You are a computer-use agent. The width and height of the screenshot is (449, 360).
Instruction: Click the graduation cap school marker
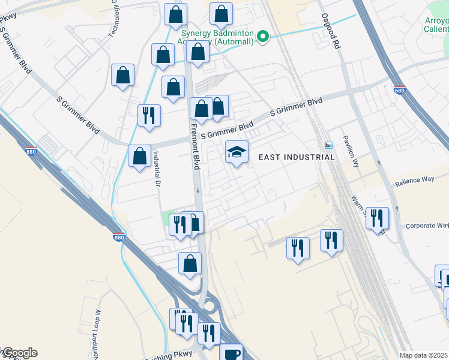tap(237, 152)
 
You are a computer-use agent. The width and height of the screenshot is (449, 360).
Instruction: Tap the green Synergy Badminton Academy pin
tap(262, 37)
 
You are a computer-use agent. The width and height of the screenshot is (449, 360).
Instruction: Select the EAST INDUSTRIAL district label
tap(297, 157)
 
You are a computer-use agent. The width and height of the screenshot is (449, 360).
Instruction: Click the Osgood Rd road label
tap(331, 31)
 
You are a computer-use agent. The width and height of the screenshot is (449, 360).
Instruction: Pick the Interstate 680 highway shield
tap(400, 90)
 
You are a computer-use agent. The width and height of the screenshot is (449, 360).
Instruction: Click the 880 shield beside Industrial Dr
tap(119, 238)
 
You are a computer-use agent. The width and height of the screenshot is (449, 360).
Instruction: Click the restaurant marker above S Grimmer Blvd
tap(149, 115)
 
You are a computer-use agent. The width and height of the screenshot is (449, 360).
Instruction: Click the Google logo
tap(19, 353)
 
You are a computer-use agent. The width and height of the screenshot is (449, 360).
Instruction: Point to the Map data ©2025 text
tap(423, 355)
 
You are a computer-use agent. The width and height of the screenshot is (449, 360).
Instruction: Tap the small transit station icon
tap(328, 146)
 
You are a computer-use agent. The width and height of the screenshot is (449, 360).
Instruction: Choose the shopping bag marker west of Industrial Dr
tap(139, 157)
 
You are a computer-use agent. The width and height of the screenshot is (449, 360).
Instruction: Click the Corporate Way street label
tap(427, 226)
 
